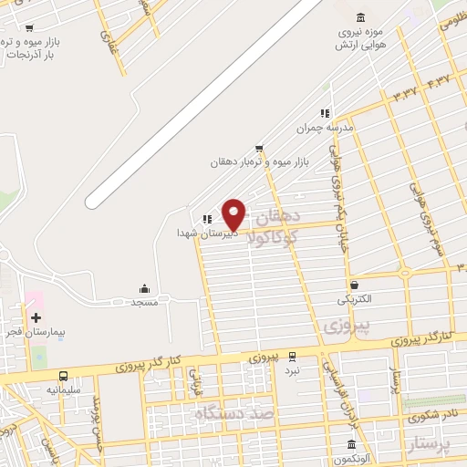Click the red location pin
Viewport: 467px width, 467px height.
(234, 215)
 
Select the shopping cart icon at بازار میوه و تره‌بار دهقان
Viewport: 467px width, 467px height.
(260, 148)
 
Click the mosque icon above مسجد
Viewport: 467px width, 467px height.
(144, 288)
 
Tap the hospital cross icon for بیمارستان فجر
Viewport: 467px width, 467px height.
(36, 318)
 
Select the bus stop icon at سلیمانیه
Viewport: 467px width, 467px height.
(63, 376)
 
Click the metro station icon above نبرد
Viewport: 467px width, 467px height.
(291, 357)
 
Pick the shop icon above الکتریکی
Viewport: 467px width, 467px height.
(353, 285)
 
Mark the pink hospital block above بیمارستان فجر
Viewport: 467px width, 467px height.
(34, 299)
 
